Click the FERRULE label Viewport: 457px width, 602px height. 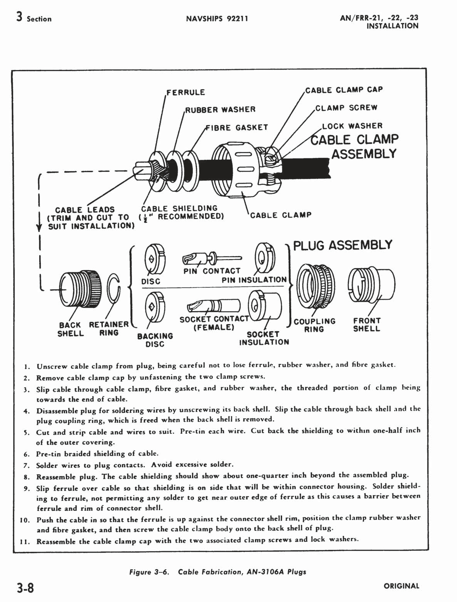(x=186, y=92)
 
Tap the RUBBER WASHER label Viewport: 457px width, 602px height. (x=220, y=110)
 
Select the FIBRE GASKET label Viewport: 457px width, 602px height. (x=237, y=127)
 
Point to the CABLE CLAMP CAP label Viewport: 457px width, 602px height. (x=344, y=90)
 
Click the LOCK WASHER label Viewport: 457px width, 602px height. (x=352, y=126)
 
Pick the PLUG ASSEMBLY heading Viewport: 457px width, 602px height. (x=343, y=245)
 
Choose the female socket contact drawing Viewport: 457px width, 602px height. (x=213, y=306)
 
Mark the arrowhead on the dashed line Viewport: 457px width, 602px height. (x=38, y=228)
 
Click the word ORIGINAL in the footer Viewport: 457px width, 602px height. (x=401, y=586)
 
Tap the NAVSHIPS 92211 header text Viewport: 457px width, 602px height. (x=217, y=18)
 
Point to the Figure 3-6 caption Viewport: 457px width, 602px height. (x=218, y=572)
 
